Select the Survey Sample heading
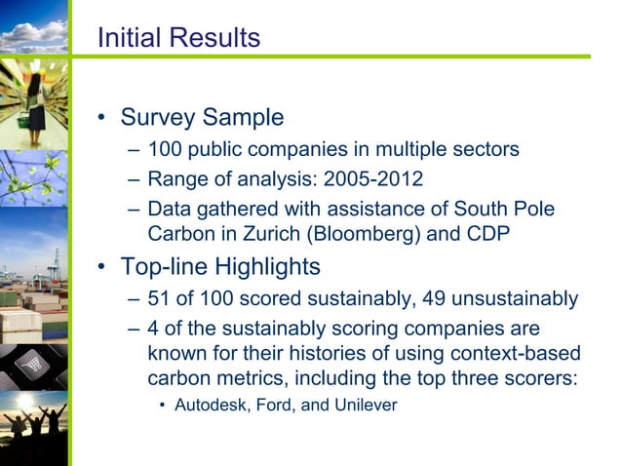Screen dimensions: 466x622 [202, 118]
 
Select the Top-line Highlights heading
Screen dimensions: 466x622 [220, 265]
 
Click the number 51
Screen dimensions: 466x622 [159, 298]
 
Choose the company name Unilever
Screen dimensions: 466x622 [364, 405]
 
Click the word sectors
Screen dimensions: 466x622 [485, 150]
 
